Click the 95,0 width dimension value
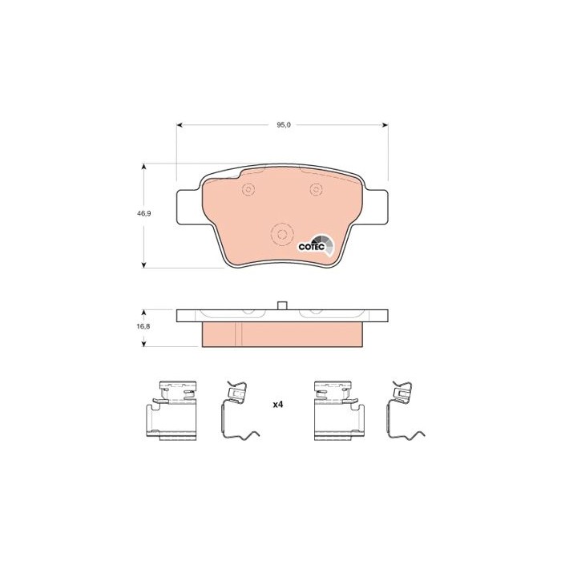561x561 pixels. (284, 125)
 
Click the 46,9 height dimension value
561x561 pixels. (143, 214)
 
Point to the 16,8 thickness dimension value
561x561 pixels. (143, 326)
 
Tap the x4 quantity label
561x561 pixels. (278, 405)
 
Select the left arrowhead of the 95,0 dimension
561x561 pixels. (180, 125)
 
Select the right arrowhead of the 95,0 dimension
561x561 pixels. (385, 125)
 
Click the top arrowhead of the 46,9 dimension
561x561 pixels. (143, 167)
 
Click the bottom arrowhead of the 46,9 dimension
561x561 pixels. (143, 264)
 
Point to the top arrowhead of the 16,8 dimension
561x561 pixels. (143, 313)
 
